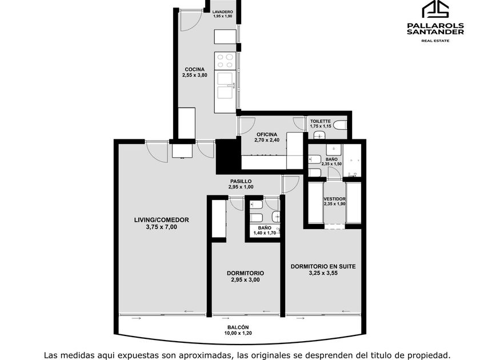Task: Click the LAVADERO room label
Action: pyautogui.click(x=222, y=12)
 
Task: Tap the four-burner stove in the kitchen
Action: pyautogui.click(x=225, y=61)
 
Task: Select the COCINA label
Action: pyautogui.click(x=195, y=70)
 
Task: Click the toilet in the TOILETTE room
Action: pyautogui.click(x=340, y=125)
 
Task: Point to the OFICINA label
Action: pyautogui.click(x=267, y=134)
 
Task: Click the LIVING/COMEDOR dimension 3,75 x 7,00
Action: pyautogui.click(x=161, y=227)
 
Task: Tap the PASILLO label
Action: pyautogui.click(x=241, y=181)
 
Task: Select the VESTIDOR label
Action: pyautogui.click(x=335, y=199)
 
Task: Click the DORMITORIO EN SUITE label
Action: pyautogui.click(x=323, y=266)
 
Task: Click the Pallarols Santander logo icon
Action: pyautogui.click(x=435, y=9)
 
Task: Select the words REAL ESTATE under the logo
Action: pyautogui.click(x=435, y=41)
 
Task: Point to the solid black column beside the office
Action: pyautogui.click(x=229, y=156)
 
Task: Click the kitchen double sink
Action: pyautogui.click(x=225, y=84)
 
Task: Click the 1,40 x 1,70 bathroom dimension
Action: pyautogui.click(x=265, y=233)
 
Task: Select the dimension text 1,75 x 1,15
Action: pyautogui.click(x=321, y=126)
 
